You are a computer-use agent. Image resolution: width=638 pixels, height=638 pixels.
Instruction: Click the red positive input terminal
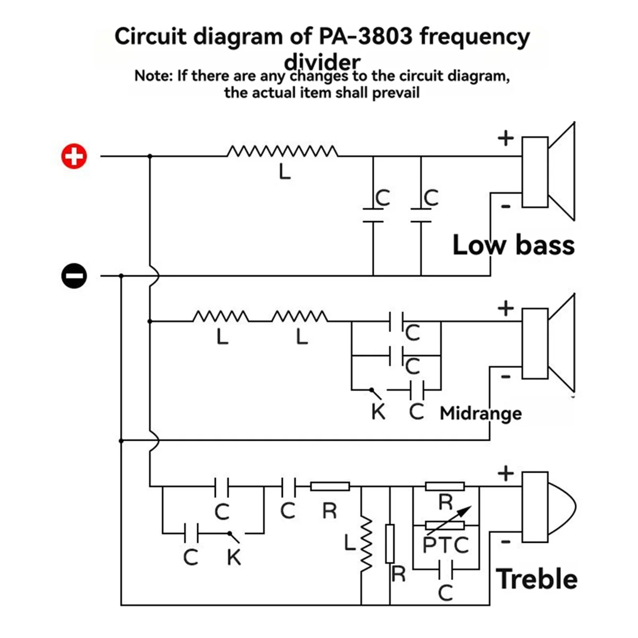(x=74, y=156)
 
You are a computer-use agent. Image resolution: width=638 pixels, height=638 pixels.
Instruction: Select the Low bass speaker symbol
(x=548, y=172)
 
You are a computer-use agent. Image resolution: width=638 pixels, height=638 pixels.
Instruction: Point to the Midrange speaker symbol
(x=548, y=343)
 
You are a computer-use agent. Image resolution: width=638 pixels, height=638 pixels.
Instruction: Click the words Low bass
(x=513, y=245)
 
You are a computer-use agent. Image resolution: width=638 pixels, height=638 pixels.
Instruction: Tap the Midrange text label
(x=481, y=413)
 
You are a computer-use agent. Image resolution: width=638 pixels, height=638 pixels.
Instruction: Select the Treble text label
(x=536, y=578)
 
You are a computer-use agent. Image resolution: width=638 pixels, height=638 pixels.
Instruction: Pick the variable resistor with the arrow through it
(x=446, y=524)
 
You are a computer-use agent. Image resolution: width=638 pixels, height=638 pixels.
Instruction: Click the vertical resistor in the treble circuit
(x=390, y=543)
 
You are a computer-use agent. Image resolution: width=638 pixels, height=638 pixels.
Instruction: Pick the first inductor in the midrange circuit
(x=221, y=317)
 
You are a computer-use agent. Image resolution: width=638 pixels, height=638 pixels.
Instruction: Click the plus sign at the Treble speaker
(x=506, y=473)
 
